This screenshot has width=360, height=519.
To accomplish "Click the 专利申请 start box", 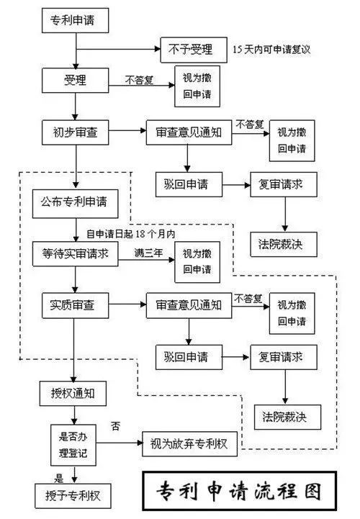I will click(x=75, y=22).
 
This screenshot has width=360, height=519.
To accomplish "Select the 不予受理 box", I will click(x=190, y=49).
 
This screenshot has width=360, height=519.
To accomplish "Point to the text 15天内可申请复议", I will click(x=276, y=49).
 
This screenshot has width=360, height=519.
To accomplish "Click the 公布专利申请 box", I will click(x=75, y=204).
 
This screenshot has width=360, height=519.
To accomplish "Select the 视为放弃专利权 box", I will click(x=190, y=444).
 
